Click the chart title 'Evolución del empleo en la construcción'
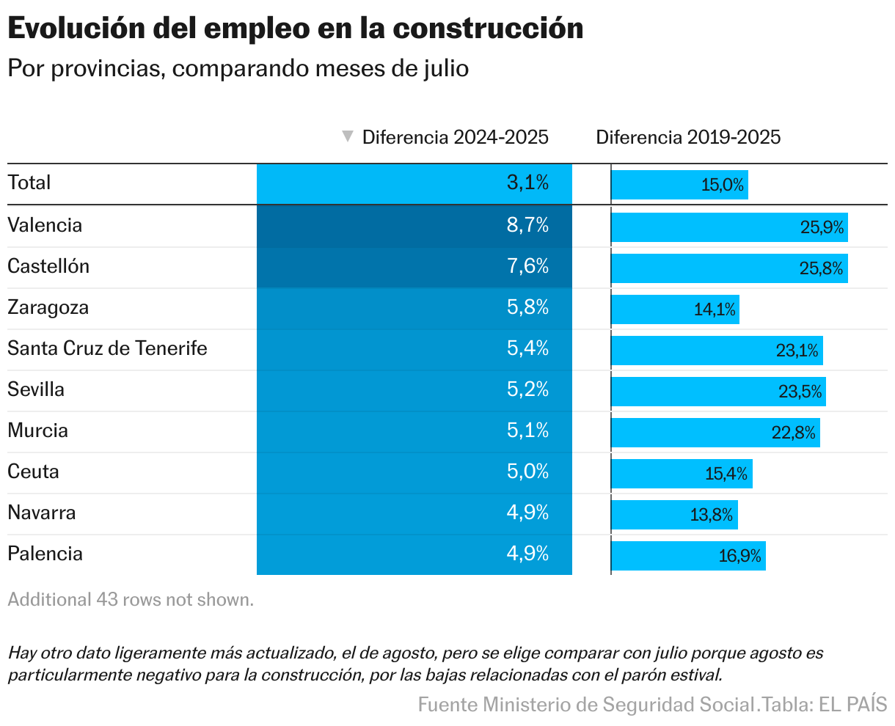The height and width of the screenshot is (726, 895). [x=295, y=29]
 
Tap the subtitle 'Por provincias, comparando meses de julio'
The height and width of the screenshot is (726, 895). [x=238, y=68]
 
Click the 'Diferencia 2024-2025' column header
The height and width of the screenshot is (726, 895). [x=455, y=137]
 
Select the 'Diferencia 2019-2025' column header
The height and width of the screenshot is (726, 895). [x=688, y=137]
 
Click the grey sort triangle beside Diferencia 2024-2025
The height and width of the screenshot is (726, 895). [x=348, y=136]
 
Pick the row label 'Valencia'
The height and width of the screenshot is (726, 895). [x=45, y=225]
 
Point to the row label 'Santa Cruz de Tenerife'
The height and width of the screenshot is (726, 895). [x=107, y=348]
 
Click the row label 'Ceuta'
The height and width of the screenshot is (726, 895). [x=33, y=472]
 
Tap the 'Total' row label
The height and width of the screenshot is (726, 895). [x=29, y=183]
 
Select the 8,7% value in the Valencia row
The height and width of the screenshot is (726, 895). [x=527, y=225]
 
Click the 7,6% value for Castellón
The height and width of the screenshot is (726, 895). [x=527, y=266]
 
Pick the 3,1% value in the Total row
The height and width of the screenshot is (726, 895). [x=527, y=183]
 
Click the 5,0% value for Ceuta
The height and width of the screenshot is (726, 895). [x=527, y=472]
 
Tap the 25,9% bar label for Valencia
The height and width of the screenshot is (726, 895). [x=822, y=227]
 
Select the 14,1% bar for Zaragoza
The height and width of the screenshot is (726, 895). [x=675, y=309]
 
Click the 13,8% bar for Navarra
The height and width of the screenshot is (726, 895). [x=674, y=515]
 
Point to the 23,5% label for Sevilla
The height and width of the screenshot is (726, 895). [x=800, y=392]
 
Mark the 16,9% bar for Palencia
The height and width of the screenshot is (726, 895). [x=688, y=556]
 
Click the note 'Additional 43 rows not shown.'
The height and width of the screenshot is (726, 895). [x=131, y=599]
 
